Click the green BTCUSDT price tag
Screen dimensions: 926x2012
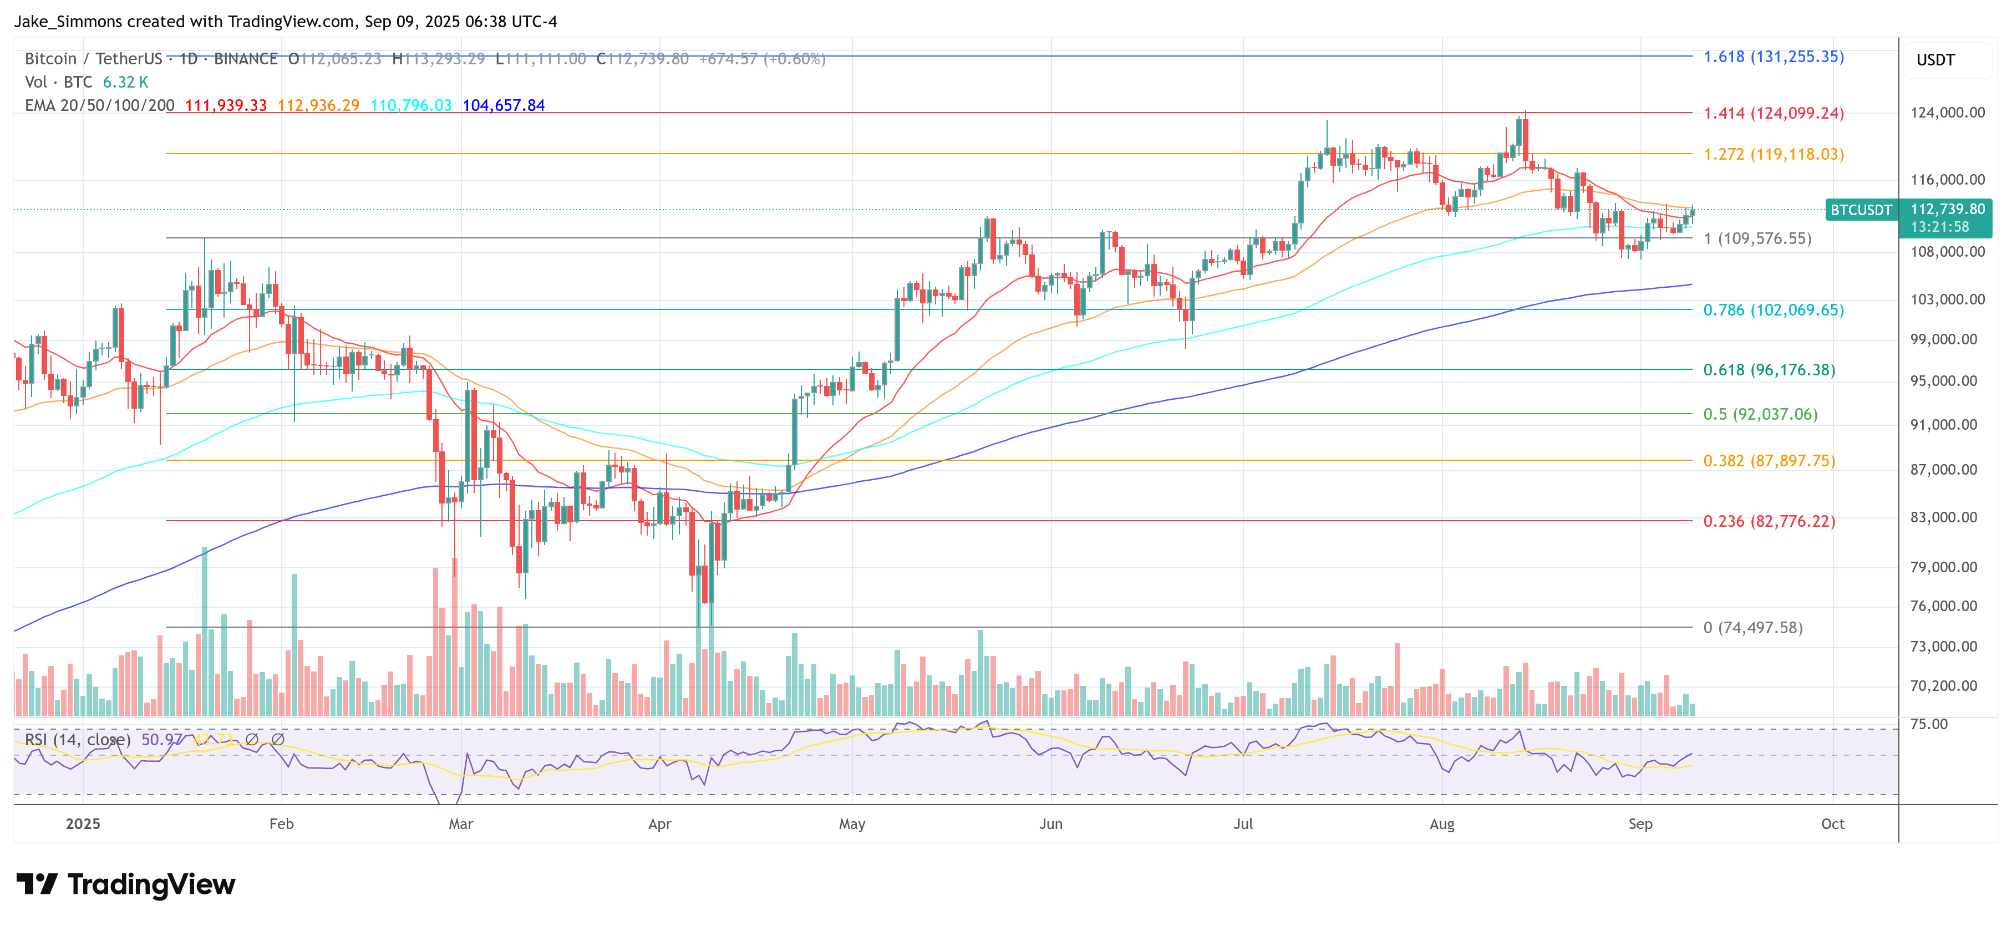1861,210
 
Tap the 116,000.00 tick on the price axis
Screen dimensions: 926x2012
1947,180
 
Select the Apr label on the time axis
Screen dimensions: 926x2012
660,824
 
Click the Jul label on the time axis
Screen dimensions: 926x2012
1243,824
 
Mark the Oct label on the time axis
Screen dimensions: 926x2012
1832,824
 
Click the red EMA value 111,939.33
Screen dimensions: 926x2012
226,105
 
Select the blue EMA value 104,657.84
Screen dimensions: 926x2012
504,105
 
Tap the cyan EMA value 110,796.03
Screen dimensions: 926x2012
411,105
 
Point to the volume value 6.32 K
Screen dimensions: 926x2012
125,82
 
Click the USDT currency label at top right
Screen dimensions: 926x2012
1935,60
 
